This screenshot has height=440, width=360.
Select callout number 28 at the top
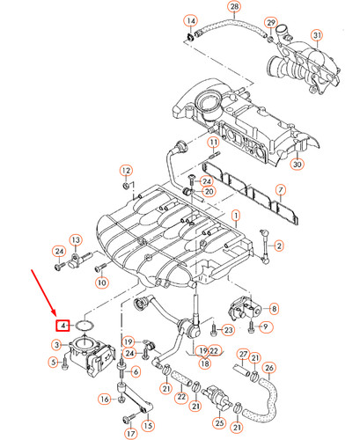pos(233,7)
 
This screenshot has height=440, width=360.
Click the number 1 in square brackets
pos(235,216)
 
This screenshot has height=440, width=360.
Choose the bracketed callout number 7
pos(280,190)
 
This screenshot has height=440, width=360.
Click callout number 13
pos(76,240)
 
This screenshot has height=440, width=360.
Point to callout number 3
pos(55,344)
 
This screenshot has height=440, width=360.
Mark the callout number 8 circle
pos(273,309)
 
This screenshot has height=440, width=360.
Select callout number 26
pos(269,368)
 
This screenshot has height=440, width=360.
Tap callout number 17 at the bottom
pos(131,432)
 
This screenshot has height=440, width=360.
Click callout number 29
pos(271,22)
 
